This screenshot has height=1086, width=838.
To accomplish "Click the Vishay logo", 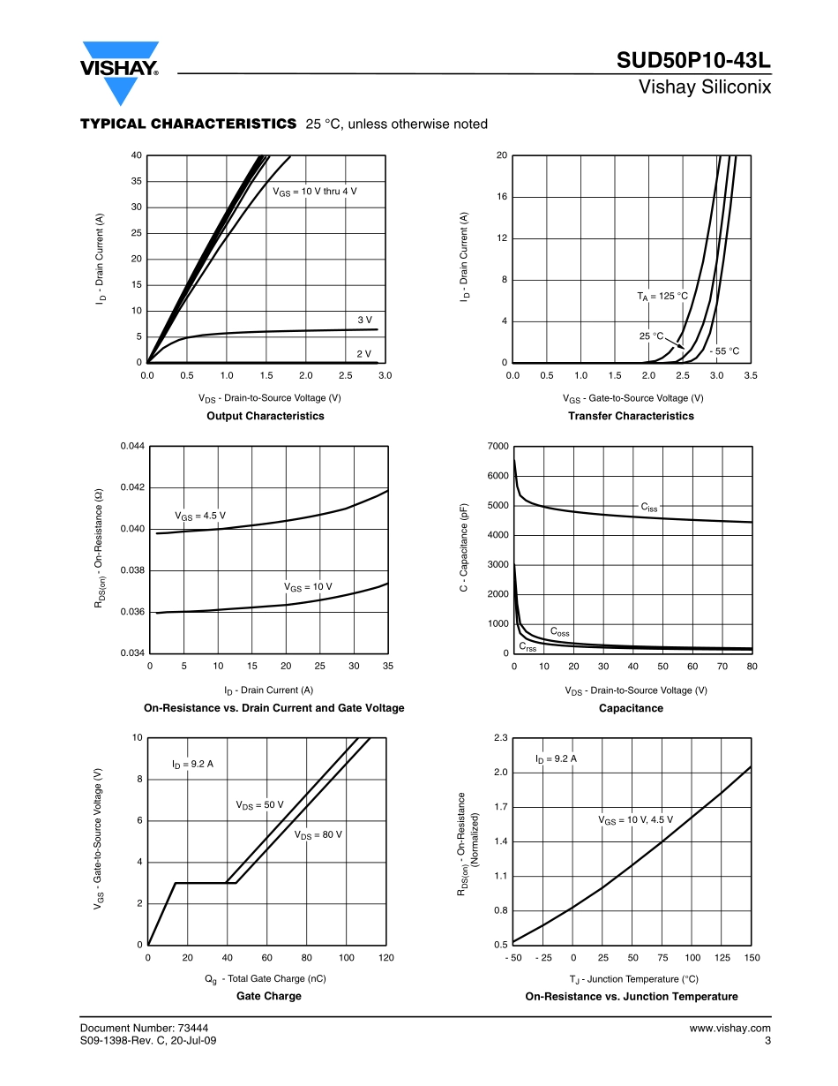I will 120,71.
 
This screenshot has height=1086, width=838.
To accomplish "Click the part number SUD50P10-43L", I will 693,61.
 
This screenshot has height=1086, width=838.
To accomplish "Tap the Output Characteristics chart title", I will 265,416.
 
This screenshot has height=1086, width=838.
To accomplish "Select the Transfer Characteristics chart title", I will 631,416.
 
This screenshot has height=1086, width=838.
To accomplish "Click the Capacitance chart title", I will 631,708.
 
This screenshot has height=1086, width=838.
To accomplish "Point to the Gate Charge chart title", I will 268,996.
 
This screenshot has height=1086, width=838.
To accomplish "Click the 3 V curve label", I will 364,319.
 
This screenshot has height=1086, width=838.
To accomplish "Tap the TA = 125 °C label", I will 662,296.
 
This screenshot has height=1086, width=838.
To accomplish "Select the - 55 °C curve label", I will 724,351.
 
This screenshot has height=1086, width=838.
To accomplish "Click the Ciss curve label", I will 648,508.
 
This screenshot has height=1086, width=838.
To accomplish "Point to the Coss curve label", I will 559,632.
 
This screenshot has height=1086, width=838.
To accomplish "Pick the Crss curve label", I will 527,647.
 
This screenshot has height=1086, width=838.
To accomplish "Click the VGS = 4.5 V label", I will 199,516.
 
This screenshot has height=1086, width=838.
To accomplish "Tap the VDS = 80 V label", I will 318,834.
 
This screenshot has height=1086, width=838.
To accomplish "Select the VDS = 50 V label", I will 259,805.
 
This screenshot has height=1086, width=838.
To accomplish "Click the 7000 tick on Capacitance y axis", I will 498,447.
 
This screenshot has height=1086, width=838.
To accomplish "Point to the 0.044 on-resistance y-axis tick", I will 132,447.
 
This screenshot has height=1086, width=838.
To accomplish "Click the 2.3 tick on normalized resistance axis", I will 501,738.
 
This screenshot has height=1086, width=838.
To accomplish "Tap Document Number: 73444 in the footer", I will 144,1028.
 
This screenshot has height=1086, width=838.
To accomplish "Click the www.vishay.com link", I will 730,1028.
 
